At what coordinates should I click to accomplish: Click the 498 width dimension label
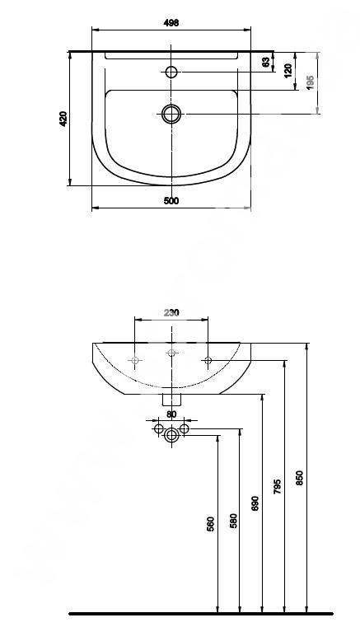[171, 23]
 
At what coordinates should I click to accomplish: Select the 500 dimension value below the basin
[171, 201]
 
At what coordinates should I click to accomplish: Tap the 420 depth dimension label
[63, 119]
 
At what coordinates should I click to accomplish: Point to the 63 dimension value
[265, 62]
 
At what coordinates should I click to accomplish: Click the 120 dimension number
[288, 71]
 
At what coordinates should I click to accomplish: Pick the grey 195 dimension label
[311, 82]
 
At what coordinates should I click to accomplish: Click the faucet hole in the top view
[171, 72]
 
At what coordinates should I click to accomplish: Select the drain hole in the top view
[171, 114]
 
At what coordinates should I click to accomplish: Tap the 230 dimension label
[171, 313]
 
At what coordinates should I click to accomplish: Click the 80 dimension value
[171, 414]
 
